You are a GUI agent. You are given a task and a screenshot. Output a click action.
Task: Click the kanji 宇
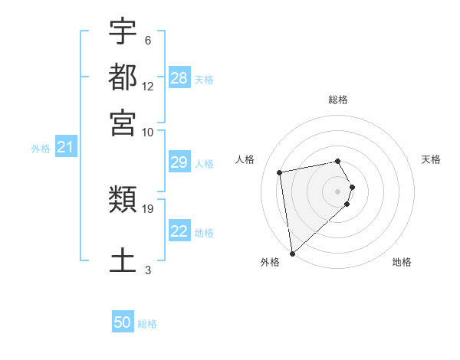point(123,31)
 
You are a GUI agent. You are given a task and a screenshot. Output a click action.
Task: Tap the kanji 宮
point(123,123)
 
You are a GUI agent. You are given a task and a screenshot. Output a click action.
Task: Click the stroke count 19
point(148,208)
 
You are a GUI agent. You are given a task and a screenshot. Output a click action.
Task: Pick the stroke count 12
point(148,87)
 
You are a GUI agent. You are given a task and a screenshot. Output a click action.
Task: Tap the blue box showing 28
point(179,77)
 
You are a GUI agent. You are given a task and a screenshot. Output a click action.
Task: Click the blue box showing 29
point(179,162)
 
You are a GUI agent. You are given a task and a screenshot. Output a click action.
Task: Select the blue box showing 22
point(179,231)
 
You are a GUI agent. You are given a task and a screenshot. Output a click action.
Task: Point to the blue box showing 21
point(64,147)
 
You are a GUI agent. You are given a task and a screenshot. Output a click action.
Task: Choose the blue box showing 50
point(123,322)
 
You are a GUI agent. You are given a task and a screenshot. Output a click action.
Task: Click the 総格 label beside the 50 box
point(147,324)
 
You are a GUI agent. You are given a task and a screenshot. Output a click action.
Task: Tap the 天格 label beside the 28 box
point(204,79)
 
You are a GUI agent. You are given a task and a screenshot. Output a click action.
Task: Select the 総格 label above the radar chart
point(338,100)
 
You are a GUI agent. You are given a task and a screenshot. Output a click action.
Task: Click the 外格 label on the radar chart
point(270,262)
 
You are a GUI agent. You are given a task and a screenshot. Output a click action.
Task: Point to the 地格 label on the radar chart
point(402,262)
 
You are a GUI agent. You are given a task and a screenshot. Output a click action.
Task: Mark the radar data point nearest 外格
point(292,254)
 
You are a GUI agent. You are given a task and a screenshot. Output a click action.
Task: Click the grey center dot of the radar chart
point(338,191)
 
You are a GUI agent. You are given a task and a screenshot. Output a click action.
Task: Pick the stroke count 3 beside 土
point(148,270)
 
